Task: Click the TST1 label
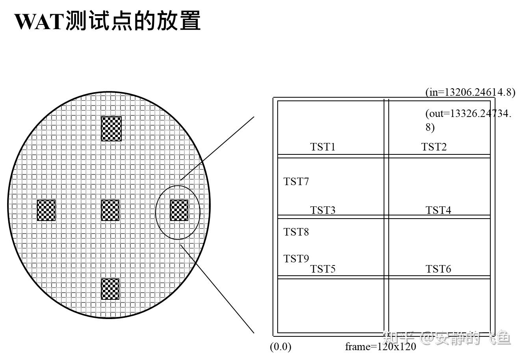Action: (x=323, y=147)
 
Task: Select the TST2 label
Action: (x=434, y=147)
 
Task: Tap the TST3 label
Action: (x=323, y=210)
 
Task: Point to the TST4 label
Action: (x=438, y=210)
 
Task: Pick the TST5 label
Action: (x=323, y=269)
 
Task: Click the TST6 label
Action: (x=438, y=269)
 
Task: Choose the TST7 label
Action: (x=296, y=182)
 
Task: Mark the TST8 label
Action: (x=296, y=232)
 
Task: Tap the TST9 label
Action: (x=296, y=259)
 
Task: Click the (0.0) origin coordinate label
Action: (x=280, y=347)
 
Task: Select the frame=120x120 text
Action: (x=380, y=347)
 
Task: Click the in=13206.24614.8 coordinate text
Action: (x=470, y=92)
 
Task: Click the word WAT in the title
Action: (x=39, y=21)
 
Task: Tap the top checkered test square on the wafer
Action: (x=111, y=129)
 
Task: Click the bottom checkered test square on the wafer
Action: (x=110, y=289)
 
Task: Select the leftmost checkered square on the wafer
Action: (x=46, y=210)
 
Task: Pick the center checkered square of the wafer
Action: (x=110, y=210)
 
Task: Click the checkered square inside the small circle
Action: (x=179, y=210)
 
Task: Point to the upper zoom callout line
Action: (x=217, y=148)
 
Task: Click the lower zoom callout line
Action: (x=217, y=289)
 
